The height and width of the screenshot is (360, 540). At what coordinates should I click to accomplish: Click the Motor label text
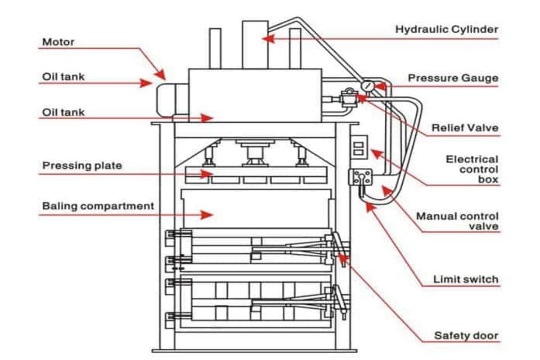[58, 42]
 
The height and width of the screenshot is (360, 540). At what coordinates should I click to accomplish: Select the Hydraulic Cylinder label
[446, 30]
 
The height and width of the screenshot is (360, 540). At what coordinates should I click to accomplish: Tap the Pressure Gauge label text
[453, 78]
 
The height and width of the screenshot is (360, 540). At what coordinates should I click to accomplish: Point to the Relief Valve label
[465, 128]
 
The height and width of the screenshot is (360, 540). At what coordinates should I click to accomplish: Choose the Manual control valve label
[457, 221]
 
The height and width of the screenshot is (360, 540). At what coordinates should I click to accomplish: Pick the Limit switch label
[466, 279]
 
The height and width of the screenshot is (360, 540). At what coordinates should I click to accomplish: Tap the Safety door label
[466, 336]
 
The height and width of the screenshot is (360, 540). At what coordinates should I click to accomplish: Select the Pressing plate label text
[82, 166]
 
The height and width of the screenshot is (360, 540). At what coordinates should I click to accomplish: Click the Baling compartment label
[98, 206]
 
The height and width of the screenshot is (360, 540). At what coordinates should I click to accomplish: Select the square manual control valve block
[360, 177]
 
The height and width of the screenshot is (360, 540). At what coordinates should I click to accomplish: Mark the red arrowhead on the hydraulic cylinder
[267, 39]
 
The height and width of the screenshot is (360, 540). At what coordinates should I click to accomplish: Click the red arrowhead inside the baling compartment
[207, 215]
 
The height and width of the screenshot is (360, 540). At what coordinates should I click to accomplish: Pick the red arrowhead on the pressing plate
[207, 174]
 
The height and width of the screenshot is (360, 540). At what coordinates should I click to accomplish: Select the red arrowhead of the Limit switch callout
[369, 207]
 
